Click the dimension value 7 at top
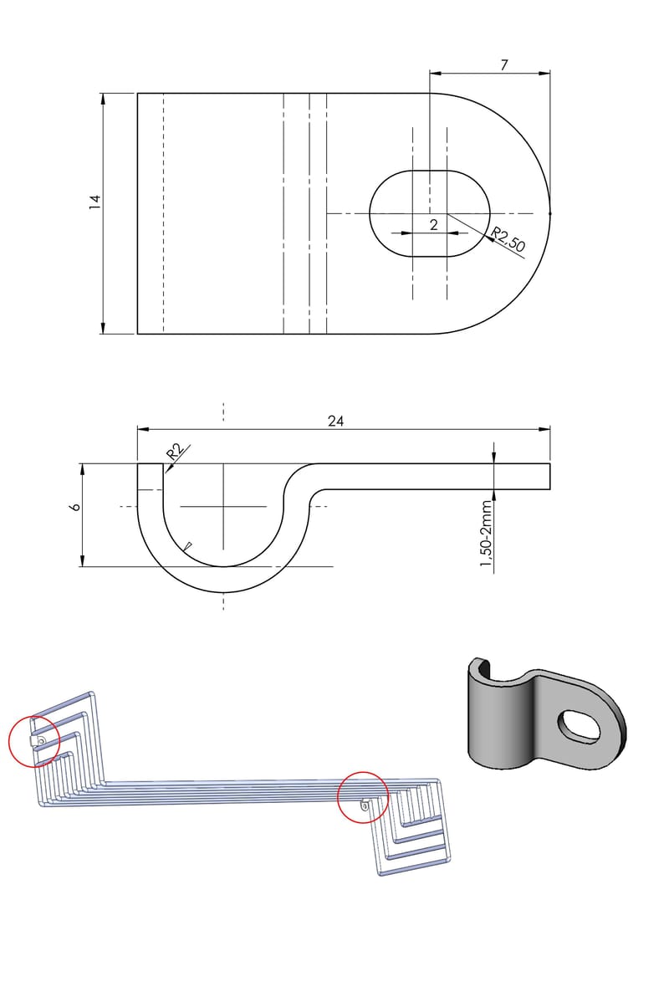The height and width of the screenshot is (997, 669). (x=504, y=64)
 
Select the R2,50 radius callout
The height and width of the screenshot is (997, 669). (x=508, y=239)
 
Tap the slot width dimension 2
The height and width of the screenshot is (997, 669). (x=433, y=224)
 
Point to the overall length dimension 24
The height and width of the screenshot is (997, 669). (x=335, y=421)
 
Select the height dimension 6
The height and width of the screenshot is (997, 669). (x=74, y=507)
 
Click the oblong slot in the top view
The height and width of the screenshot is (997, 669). (x=430, y=212)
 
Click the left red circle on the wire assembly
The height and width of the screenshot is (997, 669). (x=34, y=741)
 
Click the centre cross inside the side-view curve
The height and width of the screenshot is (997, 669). (x=223, y=506)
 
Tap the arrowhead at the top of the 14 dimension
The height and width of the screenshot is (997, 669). (x=103, y=99)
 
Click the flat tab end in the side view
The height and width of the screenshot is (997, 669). (x=535, y=475)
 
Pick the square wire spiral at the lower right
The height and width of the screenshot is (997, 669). (x=416, y=832)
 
